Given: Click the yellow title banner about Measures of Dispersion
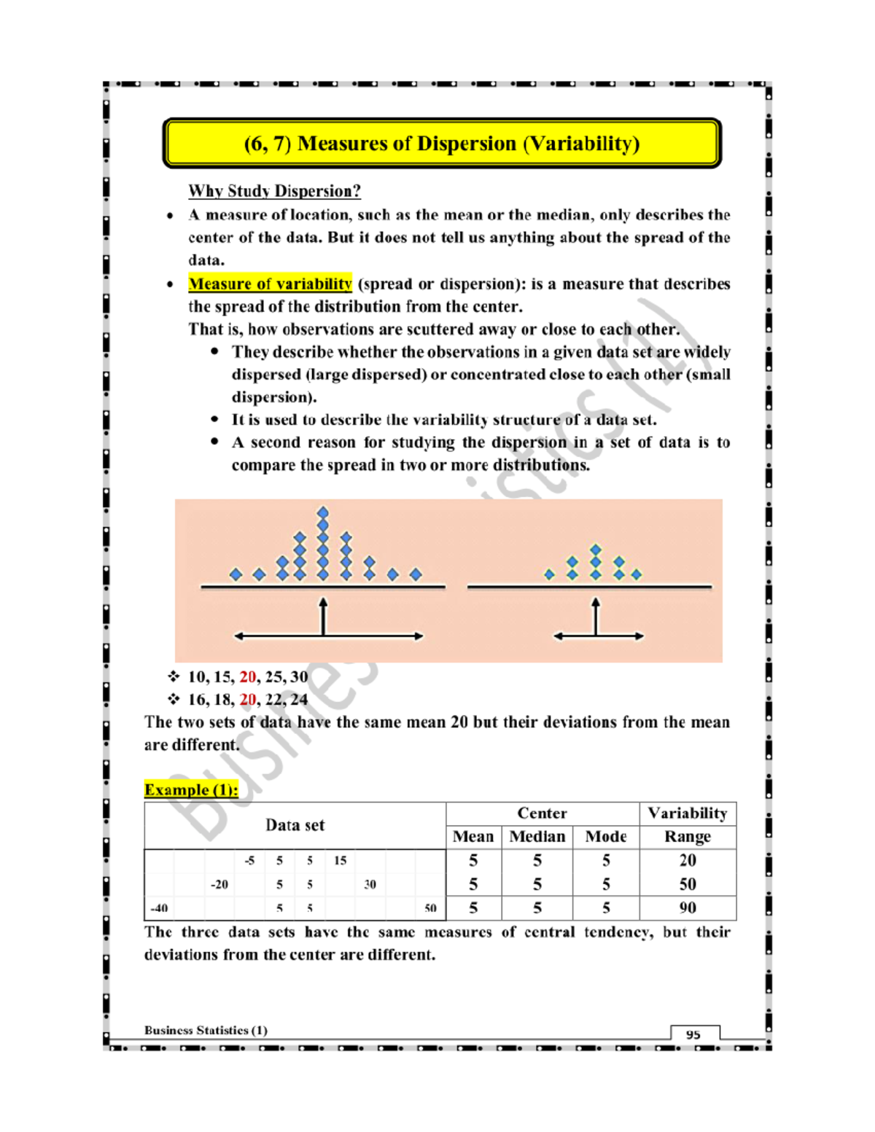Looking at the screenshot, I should point(442,144).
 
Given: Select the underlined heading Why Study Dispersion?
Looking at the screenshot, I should point(274,191).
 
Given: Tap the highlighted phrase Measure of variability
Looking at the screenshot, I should point(270,284).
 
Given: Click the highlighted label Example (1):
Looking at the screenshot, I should point(191,790).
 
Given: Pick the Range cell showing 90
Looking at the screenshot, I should point(688,908).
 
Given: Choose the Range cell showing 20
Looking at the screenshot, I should point(688,861).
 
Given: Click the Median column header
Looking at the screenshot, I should point(537,837).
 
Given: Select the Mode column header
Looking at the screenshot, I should point(606,837).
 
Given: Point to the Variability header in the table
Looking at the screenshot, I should point(688,813).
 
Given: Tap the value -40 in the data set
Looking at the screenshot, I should point(159,908).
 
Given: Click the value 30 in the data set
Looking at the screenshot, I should point(370,885).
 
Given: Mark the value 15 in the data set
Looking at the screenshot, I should point(340,861).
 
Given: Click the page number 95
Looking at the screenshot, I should point(693,1034).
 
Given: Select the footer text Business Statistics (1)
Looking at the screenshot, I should point(206,1030).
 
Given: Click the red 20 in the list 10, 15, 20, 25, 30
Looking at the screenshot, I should point(248,677).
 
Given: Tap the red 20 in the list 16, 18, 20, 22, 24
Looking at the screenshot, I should point(248,700).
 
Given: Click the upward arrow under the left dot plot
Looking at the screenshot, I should point(323,616).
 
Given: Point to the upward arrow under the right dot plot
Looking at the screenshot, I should point(596,616).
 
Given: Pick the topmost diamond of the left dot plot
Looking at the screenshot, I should point(323,512).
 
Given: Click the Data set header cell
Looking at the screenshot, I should point(295,825).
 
